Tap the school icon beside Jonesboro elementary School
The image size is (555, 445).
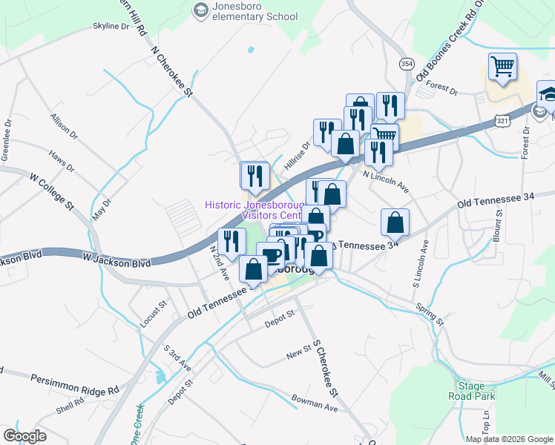(x=200, y=10)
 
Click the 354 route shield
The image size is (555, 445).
(x=406, y=65)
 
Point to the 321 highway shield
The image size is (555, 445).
(x=503, y=120)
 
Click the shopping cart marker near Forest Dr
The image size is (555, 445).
(x=502, y=67)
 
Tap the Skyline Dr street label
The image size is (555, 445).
(x=110, y=27)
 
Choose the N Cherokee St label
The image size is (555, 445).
(x=171, y=73)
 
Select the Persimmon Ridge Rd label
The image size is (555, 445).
(x=74, y=383)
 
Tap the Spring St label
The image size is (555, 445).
(x=429, y=314)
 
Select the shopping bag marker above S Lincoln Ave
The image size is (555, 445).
(x=395, y=222)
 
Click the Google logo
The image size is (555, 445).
(x=24, y=435)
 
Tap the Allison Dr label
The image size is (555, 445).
(x=63, y=126)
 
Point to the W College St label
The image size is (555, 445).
(x=53, y=191)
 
